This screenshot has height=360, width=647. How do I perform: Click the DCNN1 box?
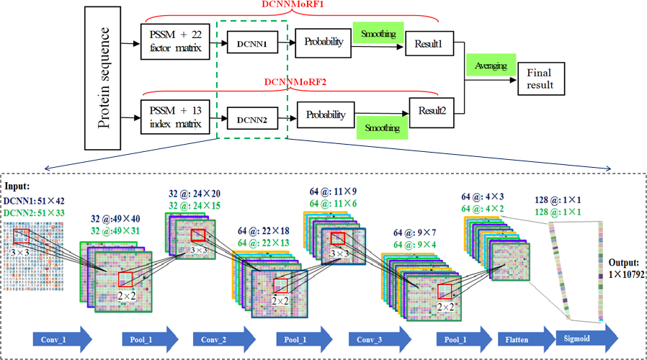coord(251,44)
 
